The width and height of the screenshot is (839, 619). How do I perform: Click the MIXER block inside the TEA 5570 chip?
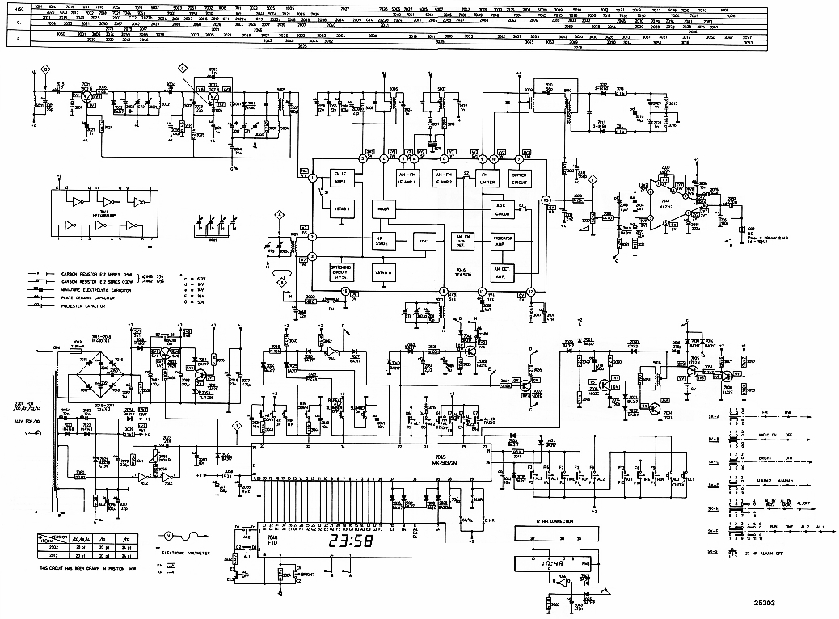382,209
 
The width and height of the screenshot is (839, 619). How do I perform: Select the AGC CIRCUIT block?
504,209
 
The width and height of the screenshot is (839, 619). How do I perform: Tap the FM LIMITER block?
487,179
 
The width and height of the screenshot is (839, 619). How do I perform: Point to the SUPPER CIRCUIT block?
518,179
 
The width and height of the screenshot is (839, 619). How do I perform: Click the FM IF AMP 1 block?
339,179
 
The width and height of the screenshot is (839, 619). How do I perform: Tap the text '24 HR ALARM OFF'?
775,554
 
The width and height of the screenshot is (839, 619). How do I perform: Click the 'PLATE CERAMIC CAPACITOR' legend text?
90,299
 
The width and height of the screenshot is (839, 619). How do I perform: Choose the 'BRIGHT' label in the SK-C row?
763,461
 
